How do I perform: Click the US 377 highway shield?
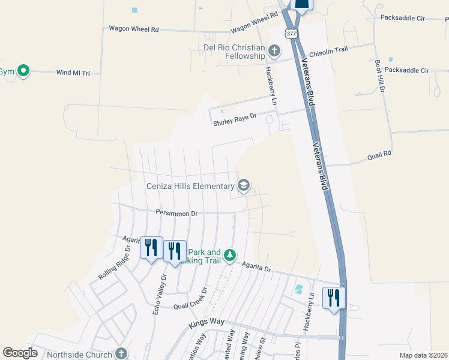(x=291, y=34)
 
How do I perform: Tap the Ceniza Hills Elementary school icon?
(x=244, y=185)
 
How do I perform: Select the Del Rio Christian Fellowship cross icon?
(x=274, y=50)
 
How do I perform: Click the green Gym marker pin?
(x=23, y=71)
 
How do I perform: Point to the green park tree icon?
(x=229, y=256)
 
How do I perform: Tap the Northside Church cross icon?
(x=121, y=353)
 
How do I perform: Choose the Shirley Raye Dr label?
(x=235, y=121)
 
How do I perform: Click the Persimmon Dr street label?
(x=176, y=213)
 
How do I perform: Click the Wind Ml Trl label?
(x=73, y=73)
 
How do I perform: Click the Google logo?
(x=20, y=353)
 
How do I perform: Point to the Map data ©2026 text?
(x=423, y=355)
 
